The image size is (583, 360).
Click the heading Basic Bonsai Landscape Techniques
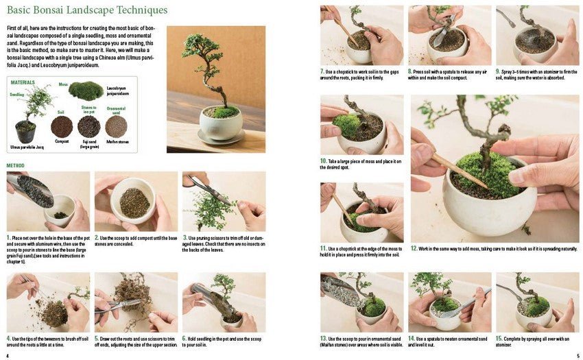[87, 10]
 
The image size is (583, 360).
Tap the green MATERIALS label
[23, 82]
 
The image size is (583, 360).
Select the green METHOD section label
[15, 165]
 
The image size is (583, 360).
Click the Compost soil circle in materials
[62, 126]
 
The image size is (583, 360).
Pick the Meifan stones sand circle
[116, 126]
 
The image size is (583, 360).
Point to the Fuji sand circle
[88, 126]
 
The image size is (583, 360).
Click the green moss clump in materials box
[86, 91]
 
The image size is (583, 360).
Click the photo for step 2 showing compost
[136, 201]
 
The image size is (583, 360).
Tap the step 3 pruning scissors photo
[223, 201]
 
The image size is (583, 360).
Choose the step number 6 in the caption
[185, 338]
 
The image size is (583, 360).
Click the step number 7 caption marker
[322, 71]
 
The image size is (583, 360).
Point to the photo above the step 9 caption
[537, 35]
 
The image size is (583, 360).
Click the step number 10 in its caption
[324, 160]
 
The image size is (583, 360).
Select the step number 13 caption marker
[324, 338]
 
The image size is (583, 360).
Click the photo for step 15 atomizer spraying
[537, 302]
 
